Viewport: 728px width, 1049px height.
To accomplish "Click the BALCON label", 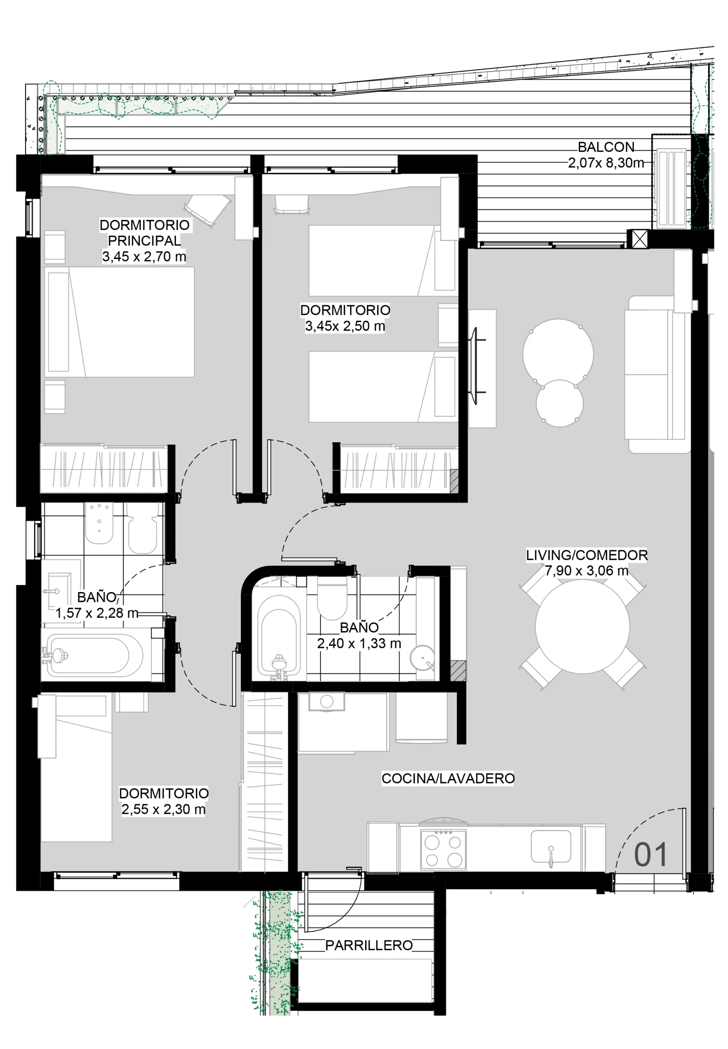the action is click(606, 147).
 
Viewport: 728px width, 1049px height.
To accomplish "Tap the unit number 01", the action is click(651, 854).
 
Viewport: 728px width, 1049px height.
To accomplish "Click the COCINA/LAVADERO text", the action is click(448, 778).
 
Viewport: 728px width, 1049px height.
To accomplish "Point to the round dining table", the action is click(582, 627).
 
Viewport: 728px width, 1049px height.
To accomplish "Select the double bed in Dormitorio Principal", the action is click(120, 322).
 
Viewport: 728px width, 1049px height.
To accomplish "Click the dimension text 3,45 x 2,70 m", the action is click(144, 256).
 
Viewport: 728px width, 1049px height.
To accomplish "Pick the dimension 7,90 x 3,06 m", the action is click(587, 570).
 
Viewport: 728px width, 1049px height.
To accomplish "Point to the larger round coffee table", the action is click(558, 354).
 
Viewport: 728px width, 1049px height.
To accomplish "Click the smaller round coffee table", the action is click(560, 404).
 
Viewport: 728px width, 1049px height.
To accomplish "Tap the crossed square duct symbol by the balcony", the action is click(639, 239).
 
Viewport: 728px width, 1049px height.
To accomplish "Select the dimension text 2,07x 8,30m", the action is click(606, 163).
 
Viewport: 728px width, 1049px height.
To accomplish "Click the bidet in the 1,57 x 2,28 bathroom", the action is click(99, 523).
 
